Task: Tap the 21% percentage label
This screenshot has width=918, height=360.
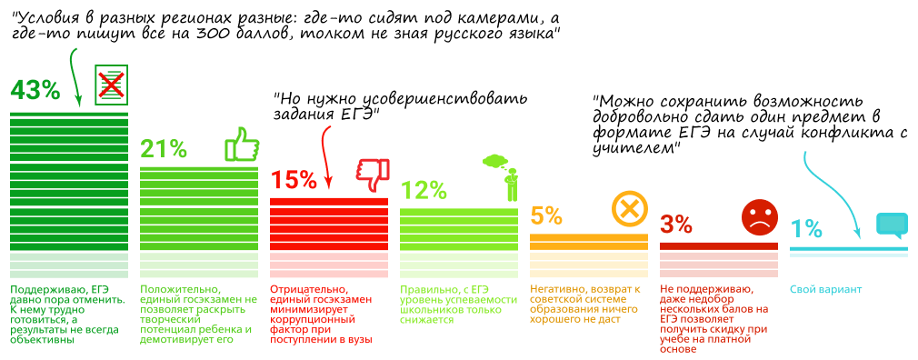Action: coord(164,149)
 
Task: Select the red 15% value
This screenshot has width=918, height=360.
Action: coord(294,179)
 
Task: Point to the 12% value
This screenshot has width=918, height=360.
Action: coord(424,189)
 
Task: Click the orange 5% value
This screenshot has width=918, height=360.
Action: coord(547,215)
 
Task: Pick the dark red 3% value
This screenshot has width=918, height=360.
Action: coord(676,224)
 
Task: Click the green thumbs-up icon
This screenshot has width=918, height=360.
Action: coord(241,145)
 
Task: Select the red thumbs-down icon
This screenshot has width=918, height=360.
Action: coord(372,175)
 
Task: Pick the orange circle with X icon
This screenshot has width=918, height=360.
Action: coord(629,210)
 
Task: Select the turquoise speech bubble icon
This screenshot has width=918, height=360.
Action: coord(891,225)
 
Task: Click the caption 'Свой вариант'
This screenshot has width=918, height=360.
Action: coord(824,289)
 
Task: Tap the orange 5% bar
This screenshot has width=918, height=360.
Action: coord(589,239)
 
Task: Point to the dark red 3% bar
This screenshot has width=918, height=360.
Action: coord(719,245)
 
